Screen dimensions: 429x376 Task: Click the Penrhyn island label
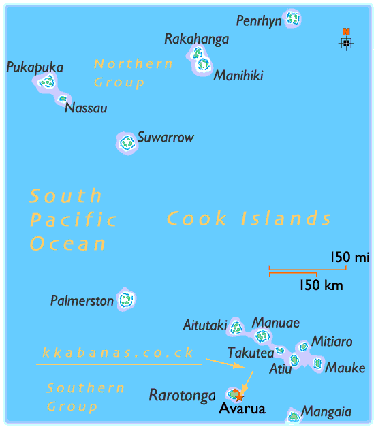pyautogui.click(x=258, y=21)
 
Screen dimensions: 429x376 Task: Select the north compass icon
pyautogui.click(x=346, y=42)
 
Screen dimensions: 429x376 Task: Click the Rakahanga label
pyautogui.click(x=196, y=39)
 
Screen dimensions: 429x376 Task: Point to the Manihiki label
pyautogui.click(x=238, y=76)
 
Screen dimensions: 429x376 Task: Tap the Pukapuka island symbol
pyautogui.click(x=47, y=82)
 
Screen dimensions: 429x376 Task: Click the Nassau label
pyautogui.click(x=86, y=108)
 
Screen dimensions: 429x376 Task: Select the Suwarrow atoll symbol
pyautogui.click(x=127, y=143)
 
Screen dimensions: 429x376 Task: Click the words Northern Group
pyautogui.click(x=133, y=73)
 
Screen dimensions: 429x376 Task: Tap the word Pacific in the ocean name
pyautogui.click(x=74, y=220)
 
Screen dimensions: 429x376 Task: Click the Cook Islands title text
pyautogui.click(x=249, y=219)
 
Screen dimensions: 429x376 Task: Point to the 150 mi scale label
pyautogui.click(x=349, y=257)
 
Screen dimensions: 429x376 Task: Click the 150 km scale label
pyautogui.click(x=321, y=285)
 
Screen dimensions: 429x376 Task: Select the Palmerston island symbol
pyautogui.click(x=126, y=299)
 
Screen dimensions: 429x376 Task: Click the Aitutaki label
pyautogui.click(x=204, y=325)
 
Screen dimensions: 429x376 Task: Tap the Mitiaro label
pyautogui.click(x=332, y=341)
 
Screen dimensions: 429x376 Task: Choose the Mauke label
pyautogui.click(x=345, y=368)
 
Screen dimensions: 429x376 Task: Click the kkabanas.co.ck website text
pyautogui.click(x=119, y=353)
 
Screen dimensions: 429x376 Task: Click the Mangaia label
pyautogui.click(x=326, y=411)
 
